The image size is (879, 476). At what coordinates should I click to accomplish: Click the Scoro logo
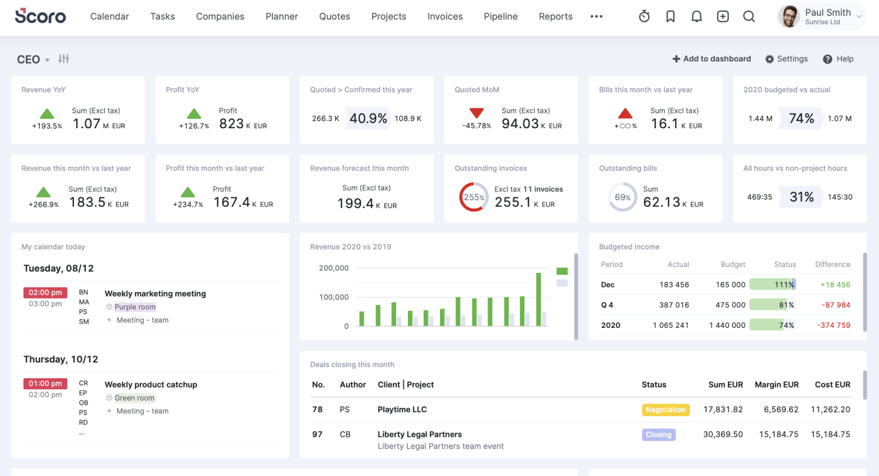[x=40, y=16]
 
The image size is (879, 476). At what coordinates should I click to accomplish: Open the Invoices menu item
[x=445, y=16]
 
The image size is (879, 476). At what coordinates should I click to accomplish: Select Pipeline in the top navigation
[x=500, y=16]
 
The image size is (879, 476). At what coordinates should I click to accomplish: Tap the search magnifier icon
[x=749, y=16]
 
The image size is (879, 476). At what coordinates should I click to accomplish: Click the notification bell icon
[x=696, y=16]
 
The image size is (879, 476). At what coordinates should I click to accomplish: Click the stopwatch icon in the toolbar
[x=644, y=16]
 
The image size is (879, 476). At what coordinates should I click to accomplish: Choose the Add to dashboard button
[x=711, y=59]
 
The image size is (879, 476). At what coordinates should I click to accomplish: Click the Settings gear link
[x=786, y=59]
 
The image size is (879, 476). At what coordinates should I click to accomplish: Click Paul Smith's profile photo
[x=789, y=16]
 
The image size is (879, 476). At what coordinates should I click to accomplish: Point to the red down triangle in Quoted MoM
[x=476, y=112]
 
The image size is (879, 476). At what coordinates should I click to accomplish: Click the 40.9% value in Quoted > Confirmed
[x=368, y=118]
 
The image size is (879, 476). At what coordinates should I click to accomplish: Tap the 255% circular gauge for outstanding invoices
[x=473, y=197]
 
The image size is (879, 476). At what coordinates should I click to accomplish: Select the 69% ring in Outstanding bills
[x=622, y=197]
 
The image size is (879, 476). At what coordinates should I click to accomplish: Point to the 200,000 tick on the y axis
[x=333, y=268]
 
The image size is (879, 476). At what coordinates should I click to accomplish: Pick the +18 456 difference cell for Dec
[x=835, y=285]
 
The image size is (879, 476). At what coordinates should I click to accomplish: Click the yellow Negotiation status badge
[x=665, y=410]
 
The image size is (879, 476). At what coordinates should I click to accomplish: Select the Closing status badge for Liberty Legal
[x=658, y=434]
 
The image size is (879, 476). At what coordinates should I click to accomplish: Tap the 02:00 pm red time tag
[x=45, y=293]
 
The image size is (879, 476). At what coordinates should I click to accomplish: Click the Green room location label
[x=134, y=398]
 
